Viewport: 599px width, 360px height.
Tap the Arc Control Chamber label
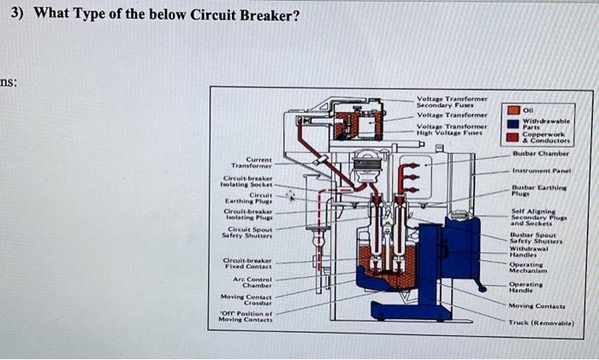pyautogui.click(x=252, y=281)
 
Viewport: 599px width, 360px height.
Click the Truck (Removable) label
pyautogui.click(x=540, y=323)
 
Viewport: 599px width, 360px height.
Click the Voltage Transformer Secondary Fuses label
pyautogui.click(x=450, y=102)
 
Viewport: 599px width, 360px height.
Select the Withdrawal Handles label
pyautogui.click(x=531, y=251)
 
